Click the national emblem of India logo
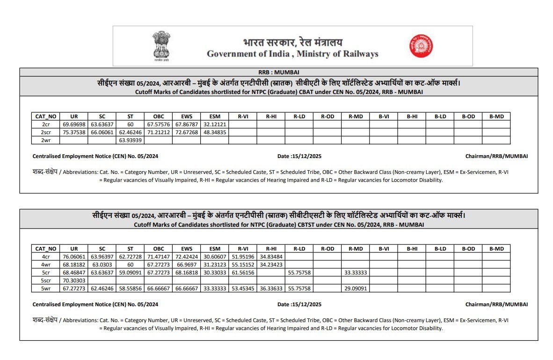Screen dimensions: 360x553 (x=161, y=46)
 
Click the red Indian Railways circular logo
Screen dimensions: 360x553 (x=421, y=46)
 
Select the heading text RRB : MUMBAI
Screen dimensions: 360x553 (x=278, y=72)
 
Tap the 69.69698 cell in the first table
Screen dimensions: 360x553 (x=74, y=125)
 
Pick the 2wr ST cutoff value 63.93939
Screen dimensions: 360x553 (x=130, y=140)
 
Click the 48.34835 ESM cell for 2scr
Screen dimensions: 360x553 (x=215, y=132)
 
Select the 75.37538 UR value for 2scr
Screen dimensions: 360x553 (x=74, y=132)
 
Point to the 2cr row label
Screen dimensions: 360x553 (x=46, y=125)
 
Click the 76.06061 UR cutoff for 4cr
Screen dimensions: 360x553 (x=74, y=257)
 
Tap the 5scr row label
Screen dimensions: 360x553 (x=46, y=281)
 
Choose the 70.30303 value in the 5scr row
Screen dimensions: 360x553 (x=74, y=281)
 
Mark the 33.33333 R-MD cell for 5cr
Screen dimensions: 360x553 (x=356, y=273)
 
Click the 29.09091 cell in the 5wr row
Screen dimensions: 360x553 (x=356, y=288)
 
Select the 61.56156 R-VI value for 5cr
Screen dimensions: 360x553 (x=243, y=273)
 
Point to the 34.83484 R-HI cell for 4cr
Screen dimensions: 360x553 (x=271, y=257)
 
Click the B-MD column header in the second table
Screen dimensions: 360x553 (x=496, y=249)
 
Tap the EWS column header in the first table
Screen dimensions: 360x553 (x=187, y=116)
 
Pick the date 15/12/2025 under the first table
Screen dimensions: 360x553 (x=299, y=156)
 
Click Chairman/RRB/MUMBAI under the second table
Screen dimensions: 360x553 (x=496, y=304)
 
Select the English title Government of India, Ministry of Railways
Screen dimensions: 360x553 (x=292, y=54)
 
